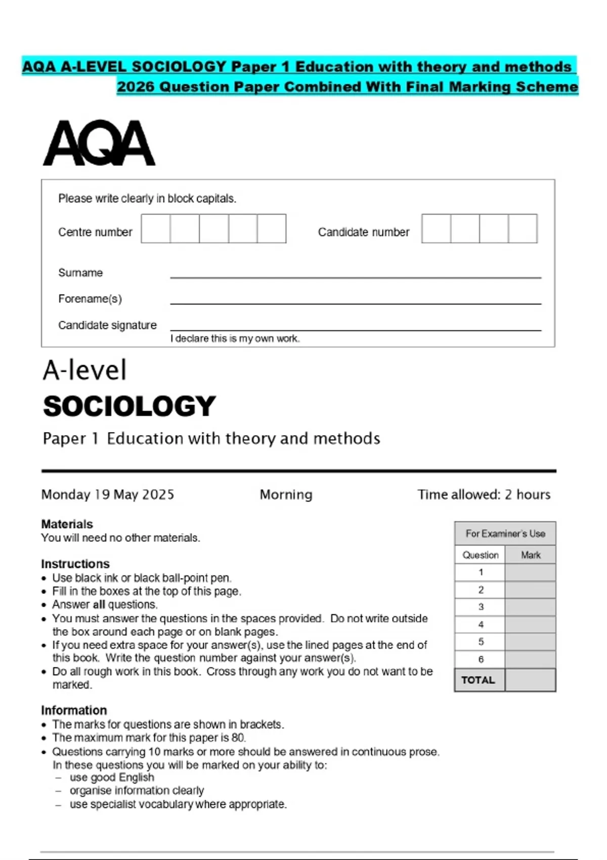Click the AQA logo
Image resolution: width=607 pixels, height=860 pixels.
click(99, 143)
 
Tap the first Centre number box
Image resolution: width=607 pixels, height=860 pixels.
click(156, 229)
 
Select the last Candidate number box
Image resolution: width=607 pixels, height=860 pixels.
click(523, 229)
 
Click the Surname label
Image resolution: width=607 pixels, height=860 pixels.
click(80, 273)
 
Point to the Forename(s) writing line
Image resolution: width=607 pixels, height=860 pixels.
click(356, 303)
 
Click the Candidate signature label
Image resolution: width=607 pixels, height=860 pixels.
click(107, 325)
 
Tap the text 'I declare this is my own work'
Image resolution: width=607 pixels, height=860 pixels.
click(235, 338)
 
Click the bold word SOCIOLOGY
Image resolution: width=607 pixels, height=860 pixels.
click(129, 406)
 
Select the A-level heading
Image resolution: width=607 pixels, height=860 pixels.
click(84, 370)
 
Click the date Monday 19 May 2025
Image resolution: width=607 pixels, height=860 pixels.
click(108, 494)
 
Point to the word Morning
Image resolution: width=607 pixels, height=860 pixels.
click(286, 494)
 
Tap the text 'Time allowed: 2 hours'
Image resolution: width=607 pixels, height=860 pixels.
click(484, 494)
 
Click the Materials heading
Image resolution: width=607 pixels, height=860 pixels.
click(67, 524)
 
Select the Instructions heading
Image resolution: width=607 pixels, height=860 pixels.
click(75, 564)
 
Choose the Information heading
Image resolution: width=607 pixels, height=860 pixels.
click(74, 710)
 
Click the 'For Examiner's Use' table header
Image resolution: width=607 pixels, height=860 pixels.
click(505, 534)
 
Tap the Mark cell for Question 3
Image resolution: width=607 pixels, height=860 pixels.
click(530, 607)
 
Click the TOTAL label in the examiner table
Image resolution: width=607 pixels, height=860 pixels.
click(478, 680)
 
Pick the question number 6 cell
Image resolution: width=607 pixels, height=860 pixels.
click(481, 659)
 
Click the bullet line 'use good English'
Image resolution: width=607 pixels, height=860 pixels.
click(112, 778)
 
